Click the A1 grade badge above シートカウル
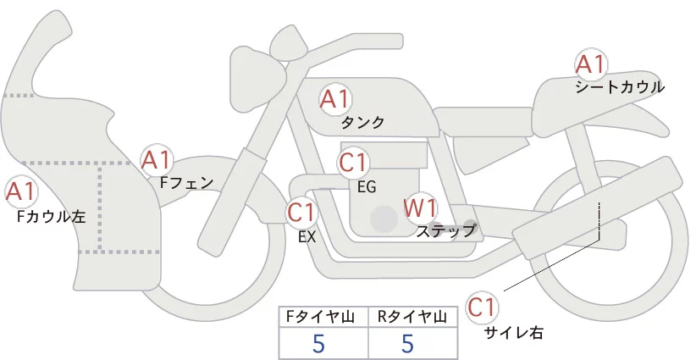click(590, 64)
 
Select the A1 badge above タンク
click(335, 99)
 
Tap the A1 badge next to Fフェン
click(156, 160)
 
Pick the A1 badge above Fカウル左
click(20, 191)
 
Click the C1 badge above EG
click(352, 163)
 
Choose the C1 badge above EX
click(301, 212)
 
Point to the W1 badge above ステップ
click(419, 208)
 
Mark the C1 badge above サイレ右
click(482, 307)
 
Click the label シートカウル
click(620, 87)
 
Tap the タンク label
click(362, 122)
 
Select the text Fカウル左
click(51, 216)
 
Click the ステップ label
click(445, 231)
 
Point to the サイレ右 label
click(514, 333)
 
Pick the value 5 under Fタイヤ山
click(318, 344)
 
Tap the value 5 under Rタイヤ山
click(407, 344)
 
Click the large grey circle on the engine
click(384, 219)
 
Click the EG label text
click(367, 187)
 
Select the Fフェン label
click(186, 182)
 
